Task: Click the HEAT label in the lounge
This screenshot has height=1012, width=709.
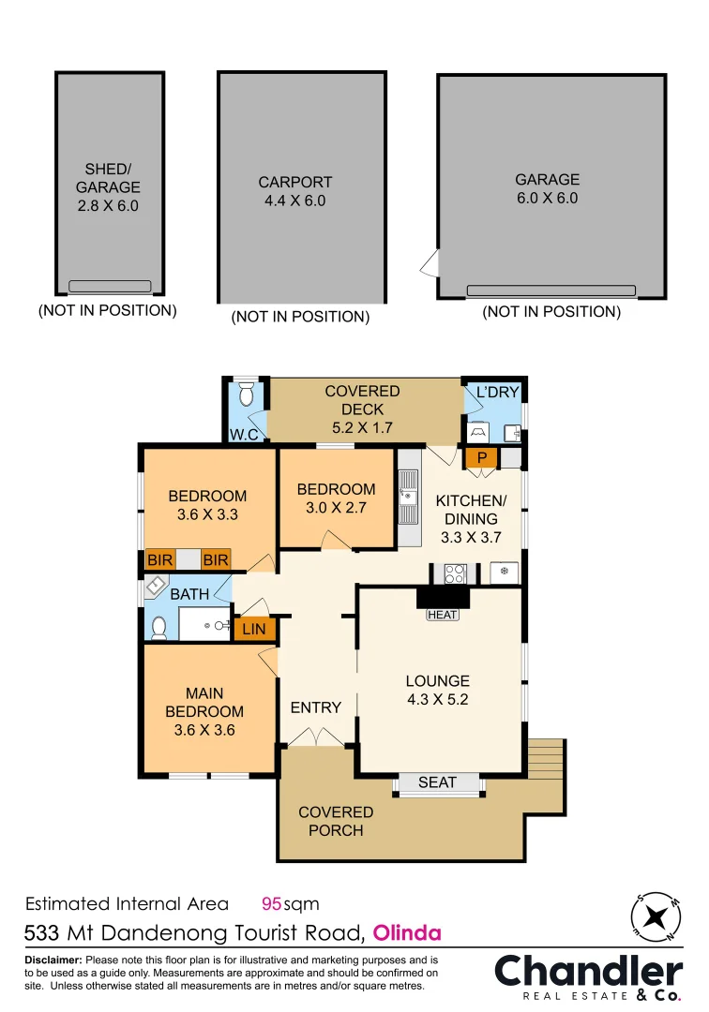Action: coord(443,615)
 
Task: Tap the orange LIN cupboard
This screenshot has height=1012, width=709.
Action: coord(254,629)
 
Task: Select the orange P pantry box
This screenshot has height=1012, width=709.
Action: coord(481,457)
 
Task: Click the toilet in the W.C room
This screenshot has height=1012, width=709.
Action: coord(246,393)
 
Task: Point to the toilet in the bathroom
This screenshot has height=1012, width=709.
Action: coord(158,627)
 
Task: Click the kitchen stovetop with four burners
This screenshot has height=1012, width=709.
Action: coord(455,573)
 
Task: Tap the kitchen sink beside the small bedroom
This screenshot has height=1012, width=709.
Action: coord(407,497)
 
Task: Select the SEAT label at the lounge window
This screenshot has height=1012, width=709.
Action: coord(437,782)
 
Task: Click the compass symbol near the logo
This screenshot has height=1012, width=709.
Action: coord(656,916)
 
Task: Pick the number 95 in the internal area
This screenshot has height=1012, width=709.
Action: coord(271,903)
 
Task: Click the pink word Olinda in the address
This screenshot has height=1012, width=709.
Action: coord(407,932)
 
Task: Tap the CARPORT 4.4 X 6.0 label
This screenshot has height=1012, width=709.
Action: coord(295,191)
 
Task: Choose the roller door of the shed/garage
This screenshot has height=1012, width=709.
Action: coord(110,286)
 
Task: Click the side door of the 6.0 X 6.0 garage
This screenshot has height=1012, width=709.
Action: coord(430,263)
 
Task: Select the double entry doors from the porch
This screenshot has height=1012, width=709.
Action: coord(316,737)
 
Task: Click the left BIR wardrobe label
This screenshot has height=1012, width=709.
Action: coord(159,559)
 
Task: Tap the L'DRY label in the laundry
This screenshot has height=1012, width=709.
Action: coord(497,392)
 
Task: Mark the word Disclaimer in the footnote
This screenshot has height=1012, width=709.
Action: coord(53,960)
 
